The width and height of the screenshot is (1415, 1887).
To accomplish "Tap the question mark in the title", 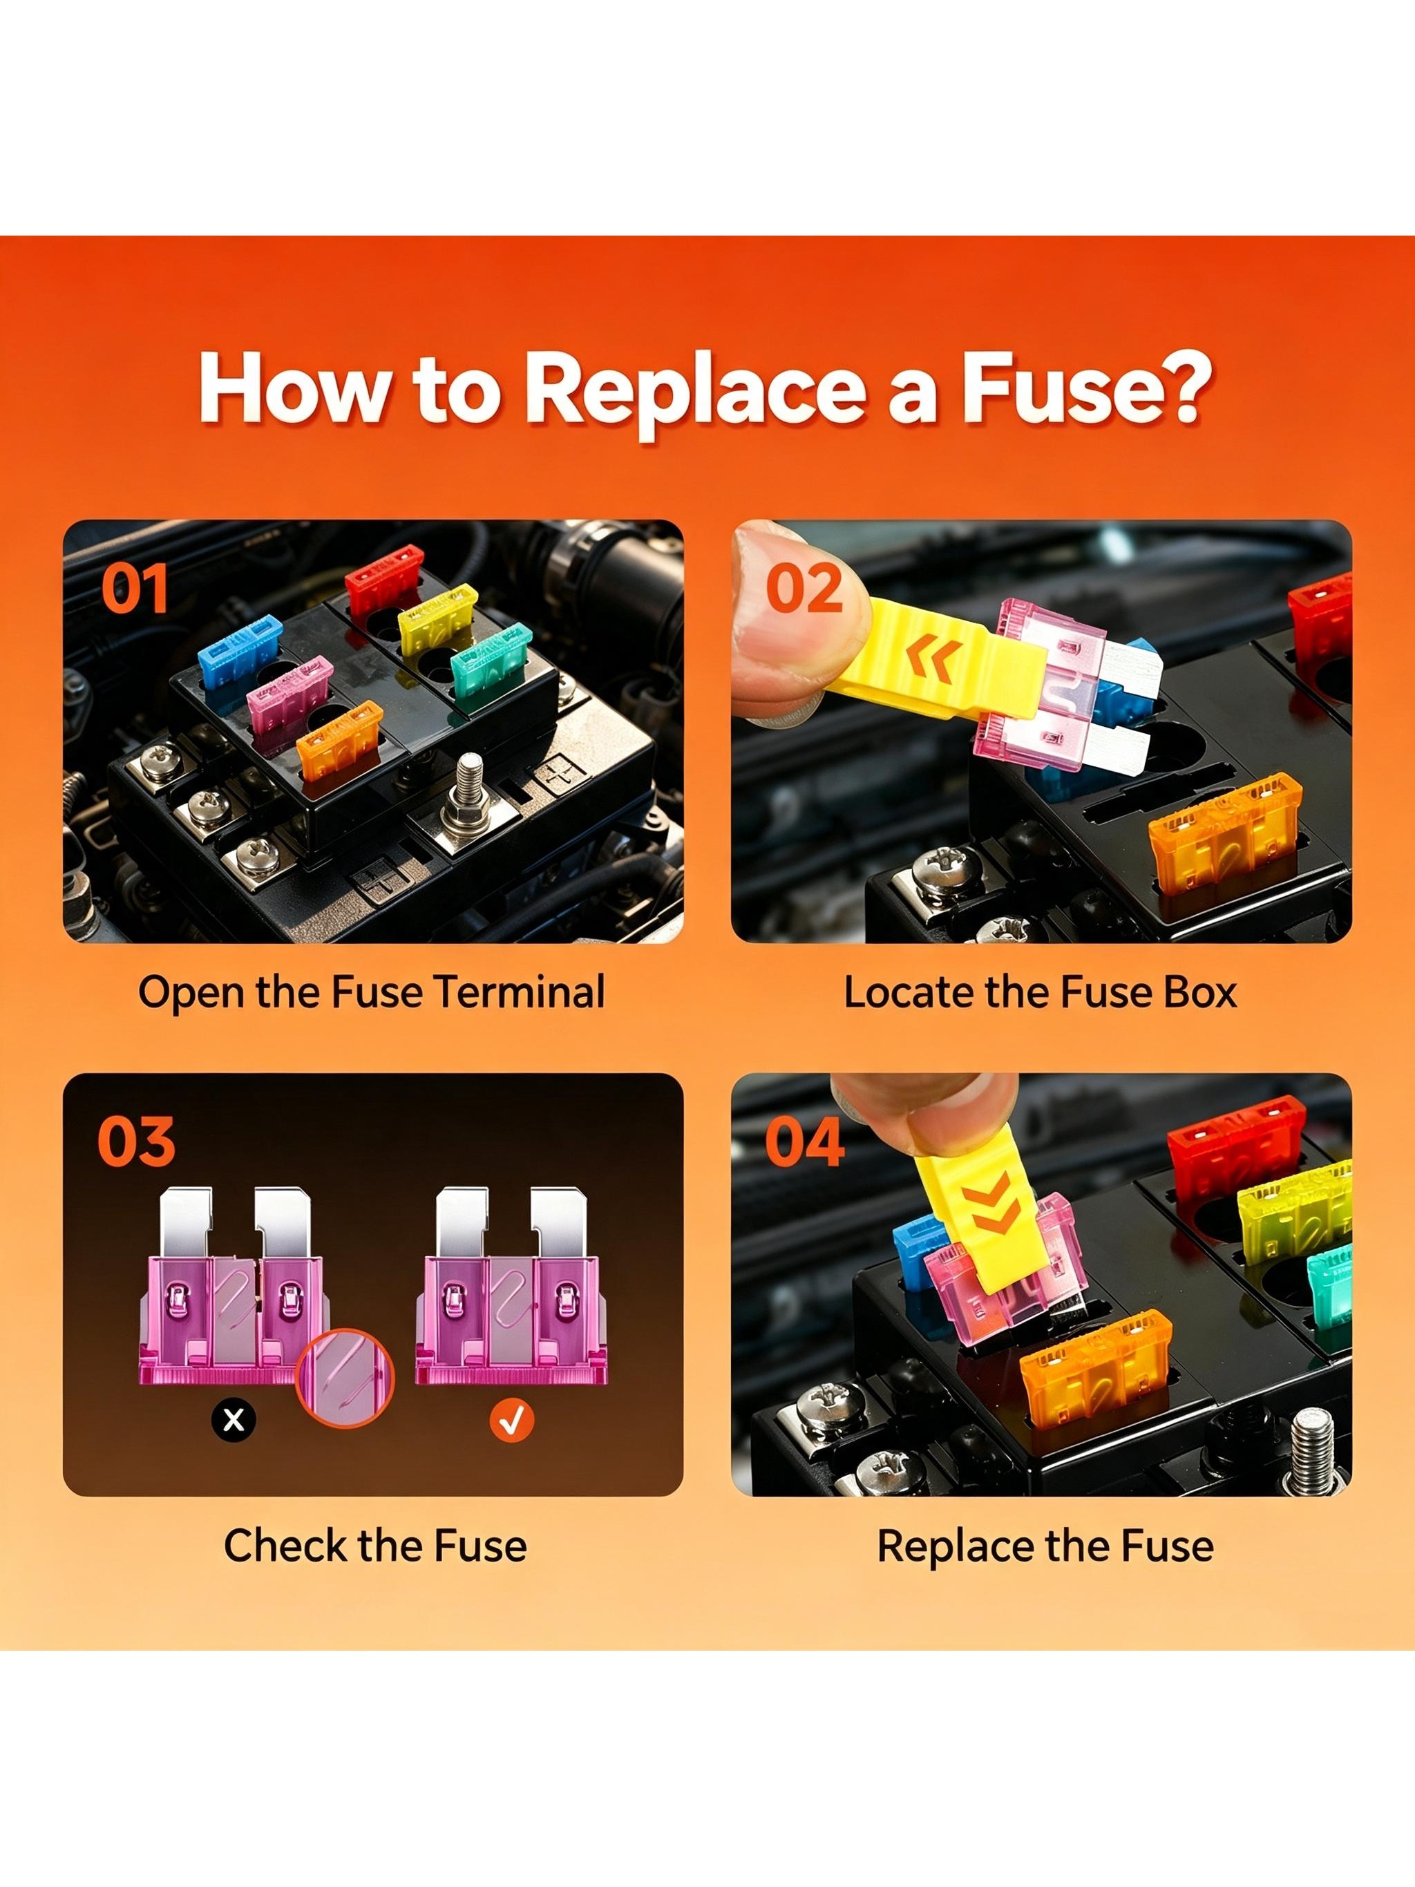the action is click(1182, 386).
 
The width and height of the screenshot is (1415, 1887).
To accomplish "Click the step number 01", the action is click(134, 588).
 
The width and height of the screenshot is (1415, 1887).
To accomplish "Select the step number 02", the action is click(804, 588).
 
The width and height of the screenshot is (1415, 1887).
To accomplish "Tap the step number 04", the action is click(804, 1141).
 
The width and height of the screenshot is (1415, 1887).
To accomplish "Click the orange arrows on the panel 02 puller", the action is click(934, 658).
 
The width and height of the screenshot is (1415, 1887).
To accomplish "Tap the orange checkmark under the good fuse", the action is click(513, 1419).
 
